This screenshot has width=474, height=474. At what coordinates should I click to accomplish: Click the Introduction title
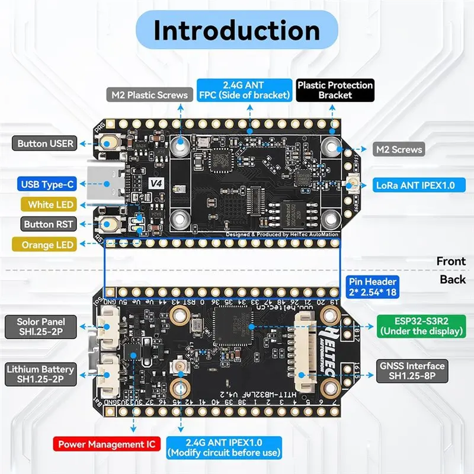tap(237, 30)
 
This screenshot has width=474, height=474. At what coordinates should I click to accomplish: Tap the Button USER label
tap(46, 143)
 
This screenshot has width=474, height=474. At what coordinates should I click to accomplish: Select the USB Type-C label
tap(46, 184)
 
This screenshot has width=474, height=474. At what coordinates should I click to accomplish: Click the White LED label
tap(50, 204)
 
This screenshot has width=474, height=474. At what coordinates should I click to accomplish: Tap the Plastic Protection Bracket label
tap(335, 90)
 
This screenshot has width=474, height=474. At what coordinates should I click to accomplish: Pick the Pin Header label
tap(373, 287)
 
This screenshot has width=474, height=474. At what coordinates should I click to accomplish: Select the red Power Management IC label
tap(107, 443)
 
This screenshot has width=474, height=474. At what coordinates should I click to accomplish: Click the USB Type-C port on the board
tap(107, 184)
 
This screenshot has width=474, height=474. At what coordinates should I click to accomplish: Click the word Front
tap(451, 261)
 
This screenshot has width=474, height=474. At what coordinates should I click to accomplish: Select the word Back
tap(453, 279)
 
